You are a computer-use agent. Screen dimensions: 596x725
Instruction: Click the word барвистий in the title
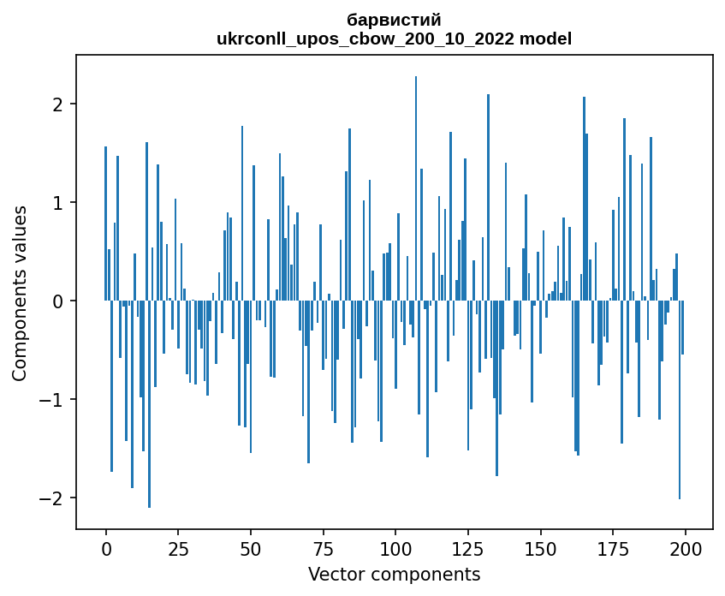[394, 20]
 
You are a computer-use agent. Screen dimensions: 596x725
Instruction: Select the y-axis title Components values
[19, 293]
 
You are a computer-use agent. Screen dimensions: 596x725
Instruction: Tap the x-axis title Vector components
[394, 574]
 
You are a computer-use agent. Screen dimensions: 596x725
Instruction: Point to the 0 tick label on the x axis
[106, 548]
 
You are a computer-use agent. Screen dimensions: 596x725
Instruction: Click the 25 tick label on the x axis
[178, 548]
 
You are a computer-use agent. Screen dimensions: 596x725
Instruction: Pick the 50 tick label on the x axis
[251, 548]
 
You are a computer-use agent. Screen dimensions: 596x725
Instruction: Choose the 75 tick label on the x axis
[323, 548]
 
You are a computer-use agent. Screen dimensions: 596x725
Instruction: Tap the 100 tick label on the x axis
[395, 548]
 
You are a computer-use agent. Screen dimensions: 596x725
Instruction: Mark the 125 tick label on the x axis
[467, 548]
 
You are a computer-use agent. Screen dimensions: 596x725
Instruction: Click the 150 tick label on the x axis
[540, 548]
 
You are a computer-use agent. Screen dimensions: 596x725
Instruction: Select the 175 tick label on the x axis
[612, 548]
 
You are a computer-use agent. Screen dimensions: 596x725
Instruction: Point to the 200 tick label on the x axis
[685, 548]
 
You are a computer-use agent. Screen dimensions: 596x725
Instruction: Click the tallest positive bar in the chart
[416, 188]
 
